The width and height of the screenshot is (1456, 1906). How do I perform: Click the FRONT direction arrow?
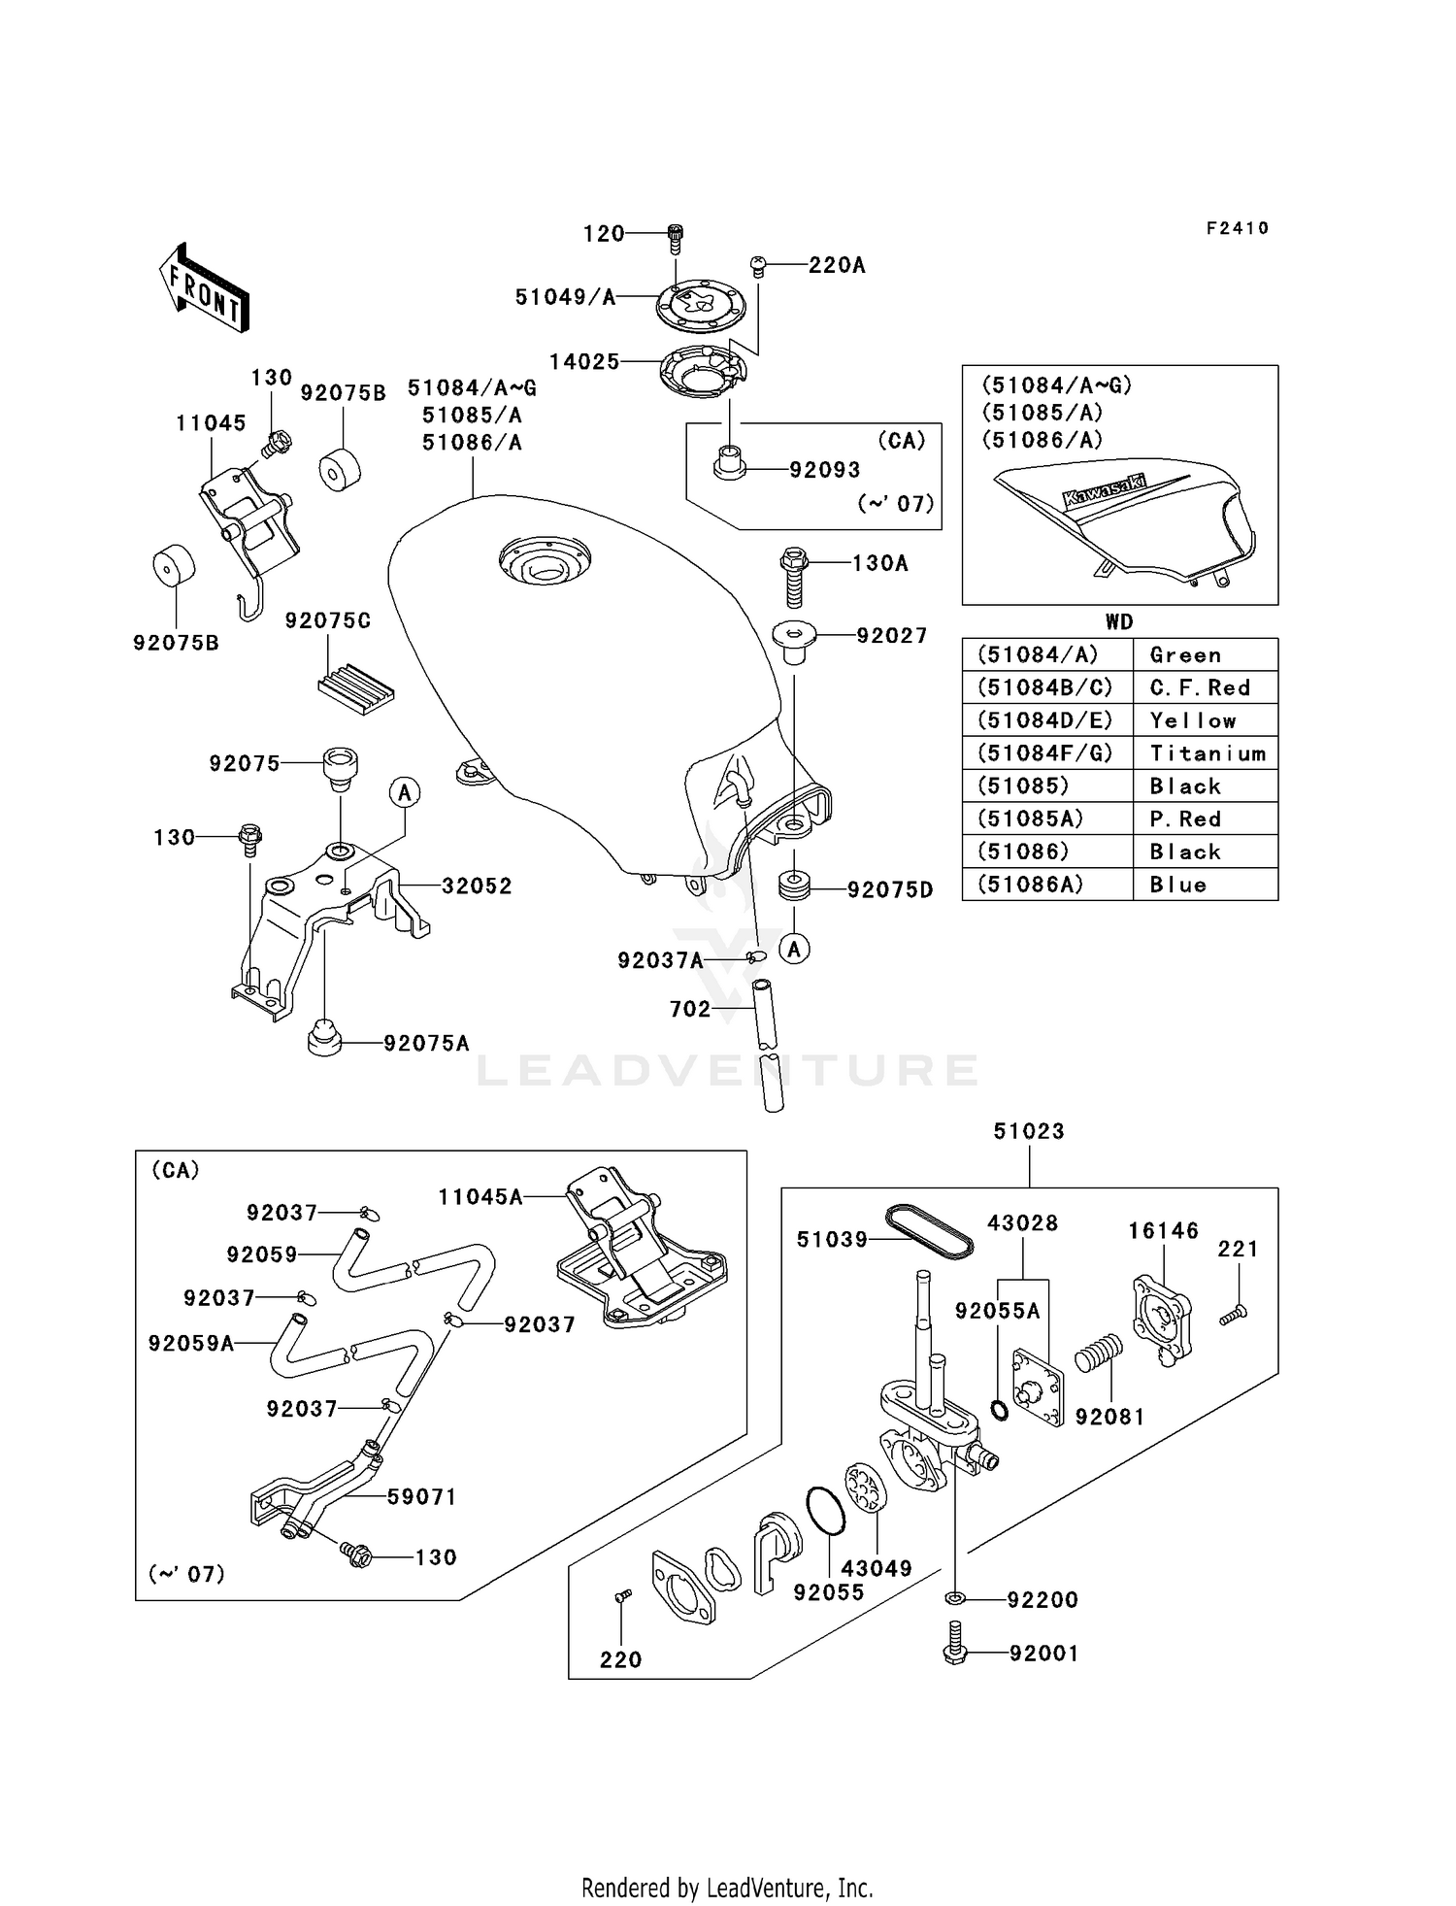click(205, 288)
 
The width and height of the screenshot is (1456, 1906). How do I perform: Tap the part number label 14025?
click(583, 362)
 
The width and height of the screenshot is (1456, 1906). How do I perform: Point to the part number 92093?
click(824, 470)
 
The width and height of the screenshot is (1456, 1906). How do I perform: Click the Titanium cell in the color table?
click(1207, 753)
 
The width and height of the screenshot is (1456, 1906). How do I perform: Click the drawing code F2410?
click(1237, 228)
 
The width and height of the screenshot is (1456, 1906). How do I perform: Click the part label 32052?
click(477, 886)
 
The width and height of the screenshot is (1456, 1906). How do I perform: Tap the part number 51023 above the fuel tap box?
click(1028, 1131)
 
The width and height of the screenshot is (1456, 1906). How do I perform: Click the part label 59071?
click(421, 1496)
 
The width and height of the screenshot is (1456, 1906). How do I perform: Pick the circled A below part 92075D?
click(795, 949)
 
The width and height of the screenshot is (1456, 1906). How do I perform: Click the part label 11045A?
click(480, 1197)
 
